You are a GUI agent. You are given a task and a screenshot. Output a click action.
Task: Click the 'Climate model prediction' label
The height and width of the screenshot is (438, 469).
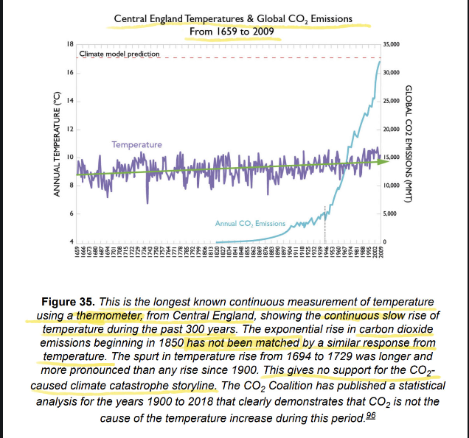coord(114,54)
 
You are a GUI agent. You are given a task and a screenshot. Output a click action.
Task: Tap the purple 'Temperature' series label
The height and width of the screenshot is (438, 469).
coord(137,144)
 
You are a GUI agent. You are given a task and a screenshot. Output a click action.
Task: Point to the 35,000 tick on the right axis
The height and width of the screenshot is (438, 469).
coord(392,45)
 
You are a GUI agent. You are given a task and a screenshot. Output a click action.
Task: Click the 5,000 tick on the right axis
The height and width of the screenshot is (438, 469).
coord(390,213)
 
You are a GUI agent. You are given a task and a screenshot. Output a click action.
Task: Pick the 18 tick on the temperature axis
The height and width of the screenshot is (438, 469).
coord(69,45)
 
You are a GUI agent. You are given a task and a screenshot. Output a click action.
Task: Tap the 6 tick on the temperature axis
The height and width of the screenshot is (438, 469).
coord(70,213)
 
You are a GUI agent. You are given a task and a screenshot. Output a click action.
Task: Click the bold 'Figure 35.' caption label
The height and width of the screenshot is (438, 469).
coord(84,303)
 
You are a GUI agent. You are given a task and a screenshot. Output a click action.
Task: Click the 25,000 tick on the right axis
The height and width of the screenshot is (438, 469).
coord(392,101)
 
